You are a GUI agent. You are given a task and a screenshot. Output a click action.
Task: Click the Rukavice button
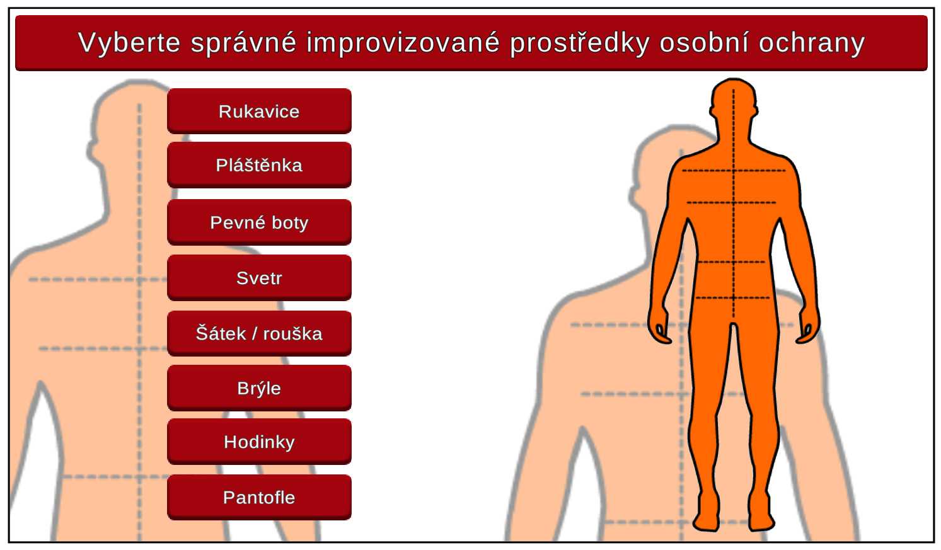259,112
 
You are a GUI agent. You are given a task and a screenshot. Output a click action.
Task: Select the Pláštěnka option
259,165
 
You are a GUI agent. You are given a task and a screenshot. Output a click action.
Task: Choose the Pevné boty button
259,222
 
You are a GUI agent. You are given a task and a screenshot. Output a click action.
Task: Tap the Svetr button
259,277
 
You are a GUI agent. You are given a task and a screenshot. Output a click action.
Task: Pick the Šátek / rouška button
259,333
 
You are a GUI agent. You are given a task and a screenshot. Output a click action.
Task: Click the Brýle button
259,388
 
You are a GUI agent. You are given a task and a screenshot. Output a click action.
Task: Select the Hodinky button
259,442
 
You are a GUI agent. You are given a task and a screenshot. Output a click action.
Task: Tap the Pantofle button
259,498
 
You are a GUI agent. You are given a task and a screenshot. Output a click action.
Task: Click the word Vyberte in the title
129,43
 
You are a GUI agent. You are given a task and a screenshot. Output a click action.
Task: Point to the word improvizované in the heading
403,42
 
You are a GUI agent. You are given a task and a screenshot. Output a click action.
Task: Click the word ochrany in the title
812,43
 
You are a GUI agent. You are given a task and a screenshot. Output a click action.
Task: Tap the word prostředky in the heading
580,43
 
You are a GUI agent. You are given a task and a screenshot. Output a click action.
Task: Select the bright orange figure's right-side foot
759,514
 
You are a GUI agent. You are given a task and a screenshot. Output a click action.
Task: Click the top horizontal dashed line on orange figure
734,171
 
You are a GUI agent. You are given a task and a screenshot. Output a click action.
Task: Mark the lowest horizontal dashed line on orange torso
733,298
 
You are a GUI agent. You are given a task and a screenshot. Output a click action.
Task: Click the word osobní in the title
704,42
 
